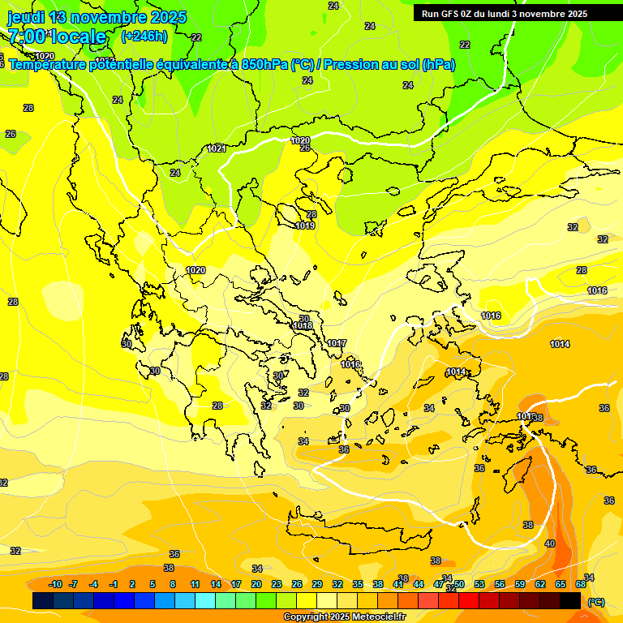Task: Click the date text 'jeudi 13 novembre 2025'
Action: [x=97, y=17]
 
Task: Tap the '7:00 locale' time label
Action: [x=57, y=37]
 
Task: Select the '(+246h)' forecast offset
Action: [x=144, y=37]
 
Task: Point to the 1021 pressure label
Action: [x=217, y=148]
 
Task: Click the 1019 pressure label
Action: [x=305, y=226]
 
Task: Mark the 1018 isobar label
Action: [x=303, y=325]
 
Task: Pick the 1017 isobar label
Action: [x=337, y=344]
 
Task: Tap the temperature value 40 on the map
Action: [x=550, y=544]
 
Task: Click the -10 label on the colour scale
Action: [x=55, y=584]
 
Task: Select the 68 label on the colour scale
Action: [x=581, y=584]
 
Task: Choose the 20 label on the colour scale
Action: [x=256, y=584]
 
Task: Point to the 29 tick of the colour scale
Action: [x=317, y=584]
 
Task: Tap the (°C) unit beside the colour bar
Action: [x=596, y=602]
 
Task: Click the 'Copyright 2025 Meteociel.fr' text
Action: [x=344, y=617]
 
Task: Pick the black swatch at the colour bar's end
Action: [x=570, y=600]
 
